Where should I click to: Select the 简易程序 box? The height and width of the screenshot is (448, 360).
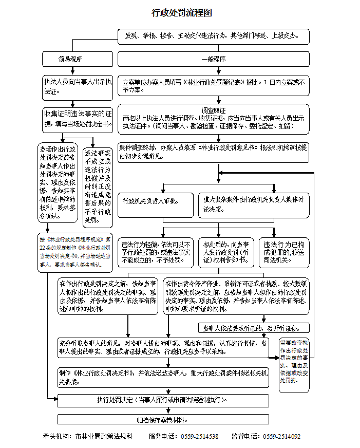78,59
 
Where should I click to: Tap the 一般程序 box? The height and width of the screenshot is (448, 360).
214,59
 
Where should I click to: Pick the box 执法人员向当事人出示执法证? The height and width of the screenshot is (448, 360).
78,87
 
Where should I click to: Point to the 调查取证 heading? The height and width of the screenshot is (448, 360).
214,110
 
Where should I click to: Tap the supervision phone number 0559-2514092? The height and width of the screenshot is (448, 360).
282,437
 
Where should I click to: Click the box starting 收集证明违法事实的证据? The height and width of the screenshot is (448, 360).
78,119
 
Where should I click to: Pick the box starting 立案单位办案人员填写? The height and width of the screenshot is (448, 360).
214,86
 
